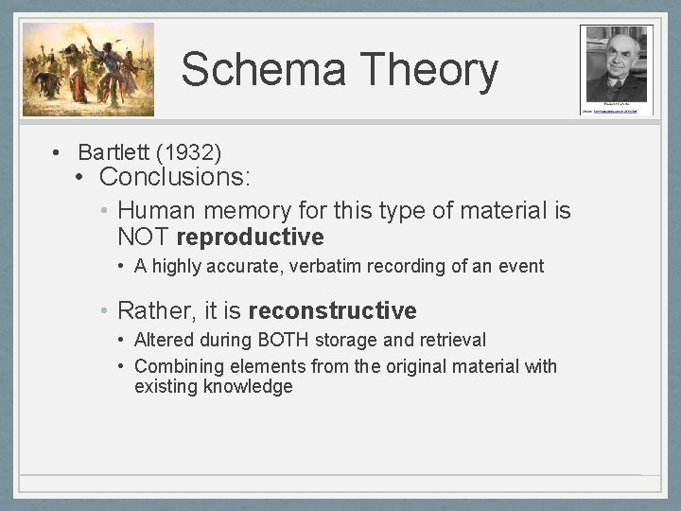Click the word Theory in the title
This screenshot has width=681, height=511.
[428, 70]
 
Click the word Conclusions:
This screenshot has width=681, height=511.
[173, 177]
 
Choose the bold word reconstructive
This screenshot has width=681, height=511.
[332, 310]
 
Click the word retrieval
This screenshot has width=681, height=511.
[449, 340]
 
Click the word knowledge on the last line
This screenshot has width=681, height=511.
[248, 386]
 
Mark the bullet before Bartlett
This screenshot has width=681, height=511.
[58, 152]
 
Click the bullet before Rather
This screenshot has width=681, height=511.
[106, 310]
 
